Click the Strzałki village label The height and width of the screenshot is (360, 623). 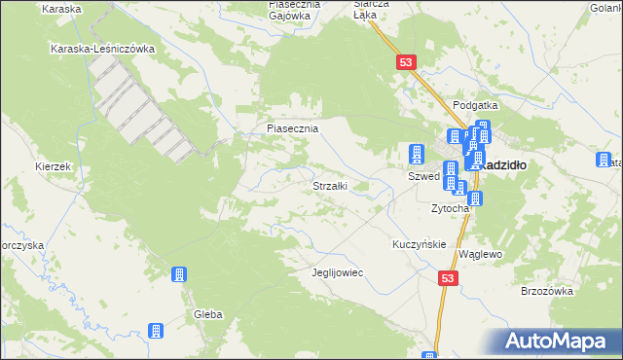coord(329,185)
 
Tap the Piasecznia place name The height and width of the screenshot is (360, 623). coord(293,127)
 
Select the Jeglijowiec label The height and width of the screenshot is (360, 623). coord(337,272)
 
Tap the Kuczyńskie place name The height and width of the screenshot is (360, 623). coord(419,244)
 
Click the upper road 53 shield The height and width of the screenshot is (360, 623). coord(407,62)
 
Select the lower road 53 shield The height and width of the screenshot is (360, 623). coord(448,278)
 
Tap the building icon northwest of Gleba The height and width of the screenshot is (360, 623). coord(179,275)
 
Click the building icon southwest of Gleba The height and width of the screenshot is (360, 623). coord(154,332)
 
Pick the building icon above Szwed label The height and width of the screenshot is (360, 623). coord(417,154)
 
